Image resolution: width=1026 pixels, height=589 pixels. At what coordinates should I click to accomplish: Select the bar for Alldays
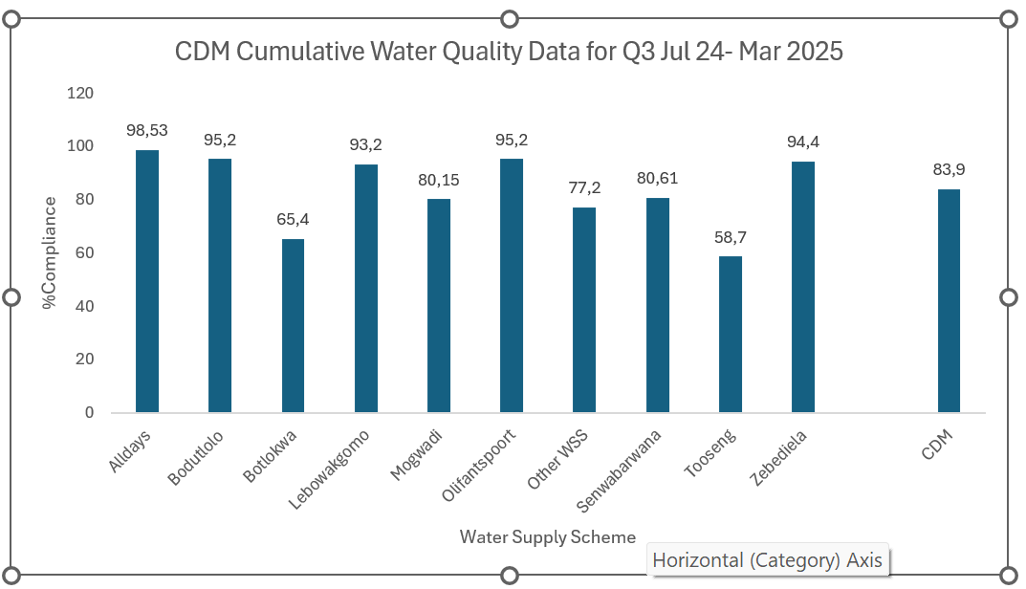(x=147, y=281)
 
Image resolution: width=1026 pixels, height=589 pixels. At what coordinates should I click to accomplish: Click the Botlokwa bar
(x=293, y=325)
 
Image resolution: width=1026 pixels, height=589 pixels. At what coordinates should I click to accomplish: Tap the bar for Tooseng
(x=731, y=334)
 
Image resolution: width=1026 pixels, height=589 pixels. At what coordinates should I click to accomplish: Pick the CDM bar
(x=949, y=300)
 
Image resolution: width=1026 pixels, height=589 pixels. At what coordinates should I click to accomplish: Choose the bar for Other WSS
(x=584, y=310)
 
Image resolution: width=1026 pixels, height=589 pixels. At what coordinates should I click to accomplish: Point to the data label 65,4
(x=293, y=219)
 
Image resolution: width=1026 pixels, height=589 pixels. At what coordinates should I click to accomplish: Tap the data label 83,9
(x=949, y=169)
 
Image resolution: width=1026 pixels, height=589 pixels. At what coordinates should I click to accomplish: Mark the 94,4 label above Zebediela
(x=803, y=142)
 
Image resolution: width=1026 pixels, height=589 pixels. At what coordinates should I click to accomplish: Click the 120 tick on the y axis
(x=81, y=93)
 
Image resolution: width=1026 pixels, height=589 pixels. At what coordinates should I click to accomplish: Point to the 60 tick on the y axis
(x=85, y=252)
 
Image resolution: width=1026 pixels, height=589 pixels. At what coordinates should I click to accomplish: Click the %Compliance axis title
(x=49, y=252)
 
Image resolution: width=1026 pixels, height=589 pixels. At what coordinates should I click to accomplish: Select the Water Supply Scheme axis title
(x=547, y=536)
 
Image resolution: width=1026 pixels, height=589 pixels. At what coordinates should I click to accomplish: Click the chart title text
(x=509, y=52)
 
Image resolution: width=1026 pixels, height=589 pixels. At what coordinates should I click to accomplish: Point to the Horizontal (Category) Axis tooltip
(x=768, y=560)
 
